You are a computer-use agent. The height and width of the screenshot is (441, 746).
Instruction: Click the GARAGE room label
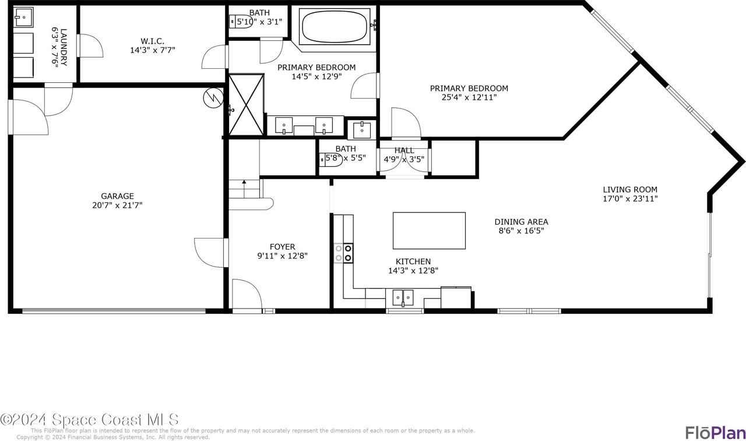click(117, 196)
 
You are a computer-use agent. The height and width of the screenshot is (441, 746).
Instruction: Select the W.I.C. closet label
click(152, 41)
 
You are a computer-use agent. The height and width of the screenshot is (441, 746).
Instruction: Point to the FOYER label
click(282, 247)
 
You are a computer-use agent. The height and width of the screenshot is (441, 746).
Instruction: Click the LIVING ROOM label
click(629, 190)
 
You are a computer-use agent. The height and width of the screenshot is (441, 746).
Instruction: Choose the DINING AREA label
click(521, 222)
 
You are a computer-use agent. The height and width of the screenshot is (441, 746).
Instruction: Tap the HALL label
click(404, 150)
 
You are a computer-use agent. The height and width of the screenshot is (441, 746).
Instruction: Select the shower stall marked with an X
click(245, 105)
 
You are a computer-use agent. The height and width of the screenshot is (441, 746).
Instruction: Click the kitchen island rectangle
click(429, 231)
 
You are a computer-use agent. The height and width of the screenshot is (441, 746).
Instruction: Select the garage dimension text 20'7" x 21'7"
click(117, 205)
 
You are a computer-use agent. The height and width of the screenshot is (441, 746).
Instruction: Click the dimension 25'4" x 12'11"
click(469, 97)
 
